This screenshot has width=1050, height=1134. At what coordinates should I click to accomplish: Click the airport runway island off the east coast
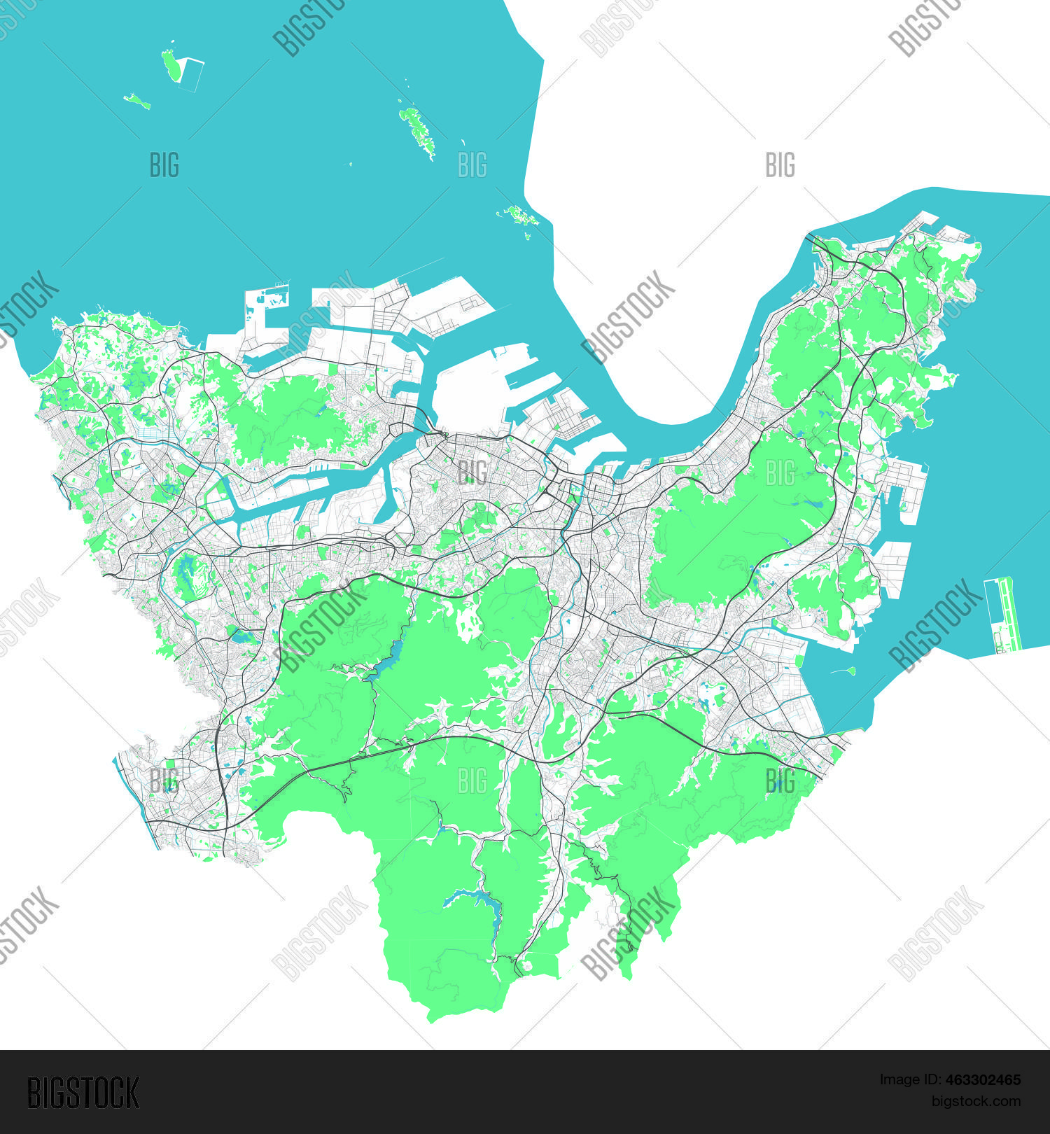[x=1002, y=615]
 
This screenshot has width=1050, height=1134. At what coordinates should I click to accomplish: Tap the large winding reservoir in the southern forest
[x=476, y=903]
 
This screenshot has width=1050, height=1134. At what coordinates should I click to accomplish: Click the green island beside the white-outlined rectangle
[x=170, y=64]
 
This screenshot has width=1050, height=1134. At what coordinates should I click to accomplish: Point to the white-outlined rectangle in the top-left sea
[x=190, y=74]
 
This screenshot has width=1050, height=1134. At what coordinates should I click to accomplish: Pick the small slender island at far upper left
[x=137, y=101]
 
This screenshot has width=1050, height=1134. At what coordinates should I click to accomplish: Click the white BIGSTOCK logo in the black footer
[x=83, y=1093]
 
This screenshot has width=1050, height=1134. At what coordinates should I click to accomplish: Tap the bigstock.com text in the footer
[x=976, y=1102]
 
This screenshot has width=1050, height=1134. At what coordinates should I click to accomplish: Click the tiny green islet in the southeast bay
[x=850, y=671]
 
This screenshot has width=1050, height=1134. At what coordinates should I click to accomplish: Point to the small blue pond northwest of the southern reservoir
[x=440, y=829]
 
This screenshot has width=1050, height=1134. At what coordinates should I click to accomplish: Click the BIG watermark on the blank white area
[x=780, y=165]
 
